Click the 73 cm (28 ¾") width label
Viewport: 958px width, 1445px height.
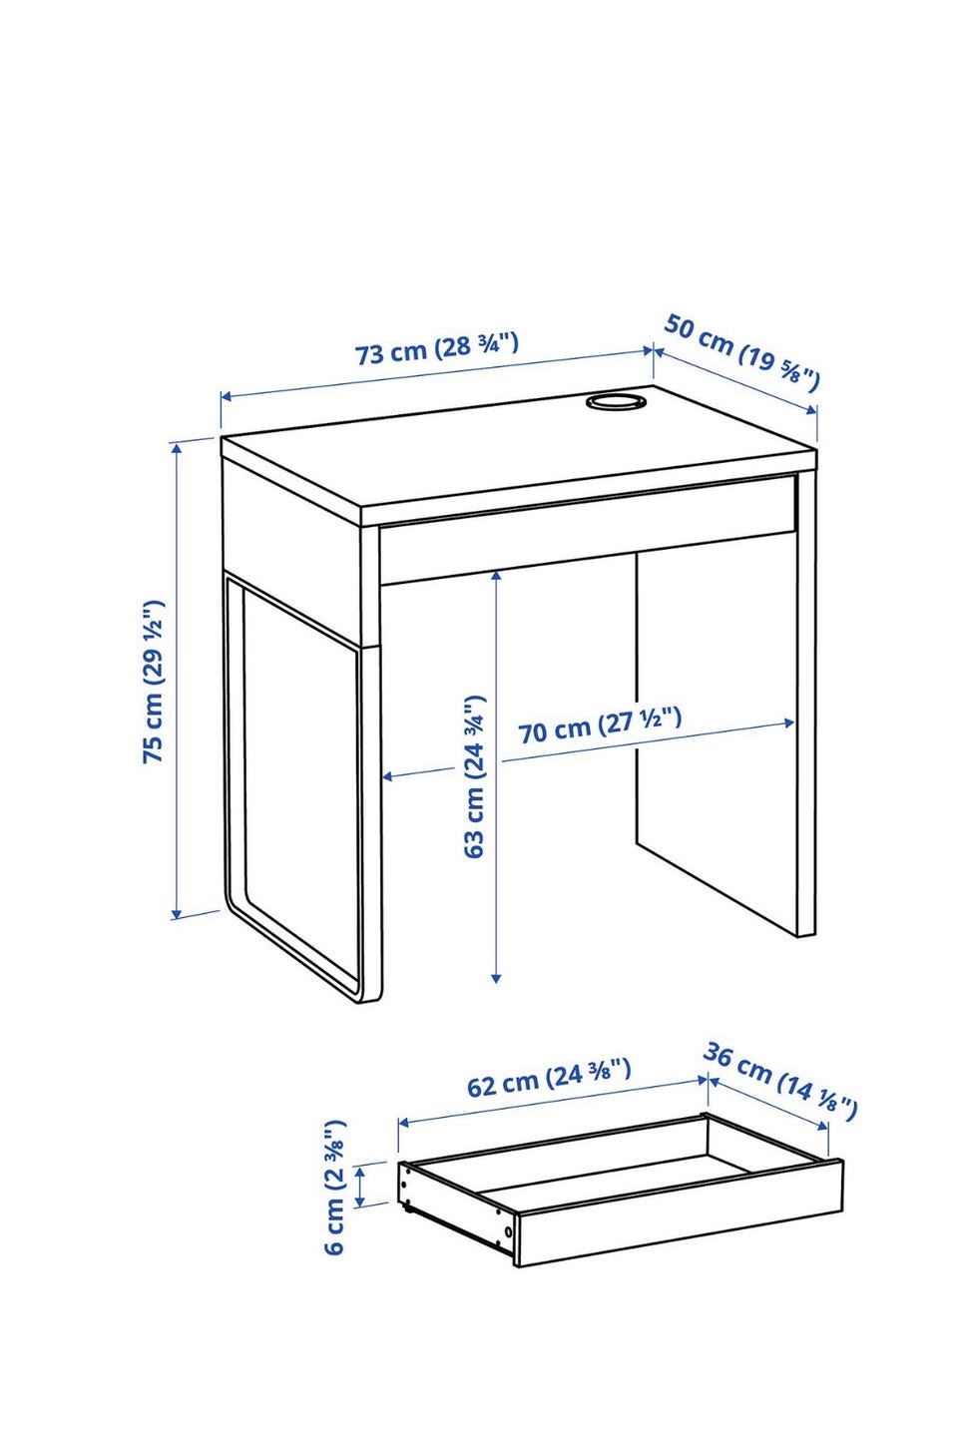(x=437, y=347)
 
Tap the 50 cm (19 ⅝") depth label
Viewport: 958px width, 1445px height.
(x=741, y=352)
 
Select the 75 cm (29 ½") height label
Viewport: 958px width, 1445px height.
(x=153, y=682)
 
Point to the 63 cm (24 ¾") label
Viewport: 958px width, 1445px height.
(x=474, y=776)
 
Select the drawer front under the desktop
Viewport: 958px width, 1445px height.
(x=587, y=529)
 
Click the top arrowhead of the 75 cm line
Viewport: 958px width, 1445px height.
(x=176, y=448)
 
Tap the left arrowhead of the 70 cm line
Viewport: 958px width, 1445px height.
(x=389, y=776)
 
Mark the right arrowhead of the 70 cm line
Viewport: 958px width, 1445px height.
(x=787, y=723)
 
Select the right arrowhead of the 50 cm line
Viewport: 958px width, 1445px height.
(x=811, y=409)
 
